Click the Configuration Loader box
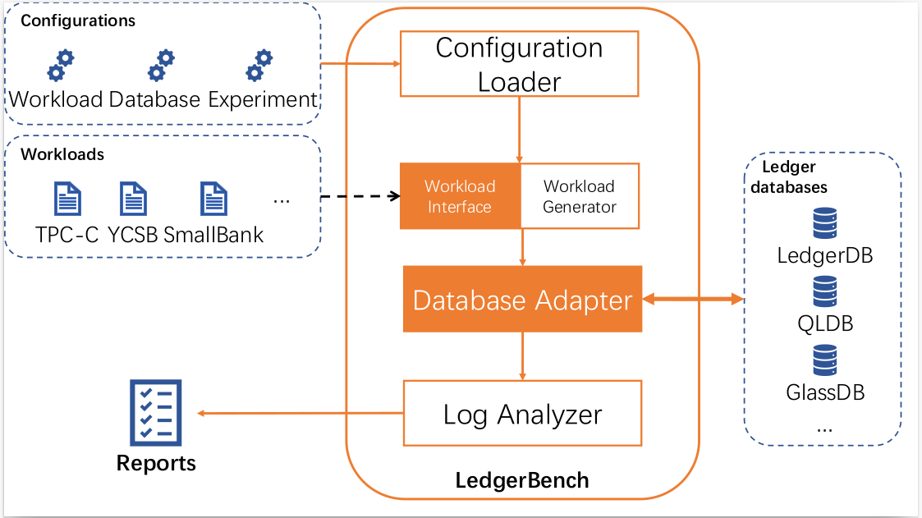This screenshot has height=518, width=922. tap(519, 64)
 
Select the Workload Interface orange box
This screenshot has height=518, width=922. tap(460, 196)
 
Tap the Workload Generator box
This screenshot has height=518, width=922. tap(580, 196)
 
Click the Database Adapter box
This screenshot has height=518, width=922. tap(522, 300)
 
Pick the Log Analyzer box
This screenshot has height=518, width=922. tap(522, 414)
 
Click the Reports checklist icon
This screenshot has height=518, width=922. tap(155, 412)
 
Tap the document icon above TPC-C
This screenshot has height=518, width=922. tap(67, 199)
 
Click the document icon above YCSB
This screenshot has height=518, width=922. tap(133, 199)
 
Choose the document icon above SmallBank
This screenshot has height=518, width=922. tap(213, 199)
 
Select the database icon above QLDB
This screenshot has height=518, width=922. tap(823, 291)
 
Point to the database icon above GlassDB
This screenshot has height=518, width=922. tap(823, 360)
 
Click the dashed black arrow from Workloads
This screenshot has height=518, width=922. tap(360, 197)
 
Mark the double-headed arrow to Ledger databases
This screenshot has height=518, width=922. tap(693, 300)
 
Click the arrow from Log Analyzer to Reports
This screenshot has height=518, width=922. tap(300, 414)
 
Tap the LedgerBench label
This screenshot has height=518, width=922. tap(522, 479)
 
